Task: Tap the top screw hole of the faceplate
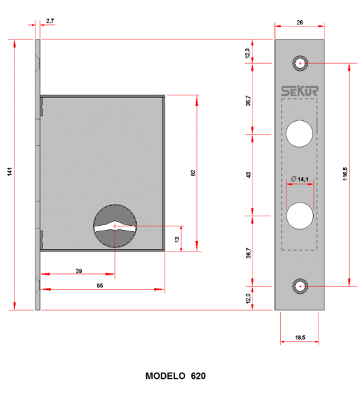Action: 300,63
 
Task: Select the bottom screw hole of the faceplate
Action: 300,286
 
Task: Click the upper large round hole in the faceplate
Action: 299,133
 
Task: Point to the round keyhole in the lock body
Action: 115,226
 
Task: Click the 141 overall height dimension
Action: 10,173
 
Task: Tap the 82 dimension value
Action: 193,173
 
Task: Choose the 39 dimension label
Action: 79,271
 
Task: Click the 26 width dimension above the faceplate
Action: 300,22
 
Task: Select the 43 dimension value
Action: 249,174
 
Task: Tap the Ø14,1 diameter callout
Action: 299,179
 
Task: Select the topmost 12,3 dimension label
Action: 249,52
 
